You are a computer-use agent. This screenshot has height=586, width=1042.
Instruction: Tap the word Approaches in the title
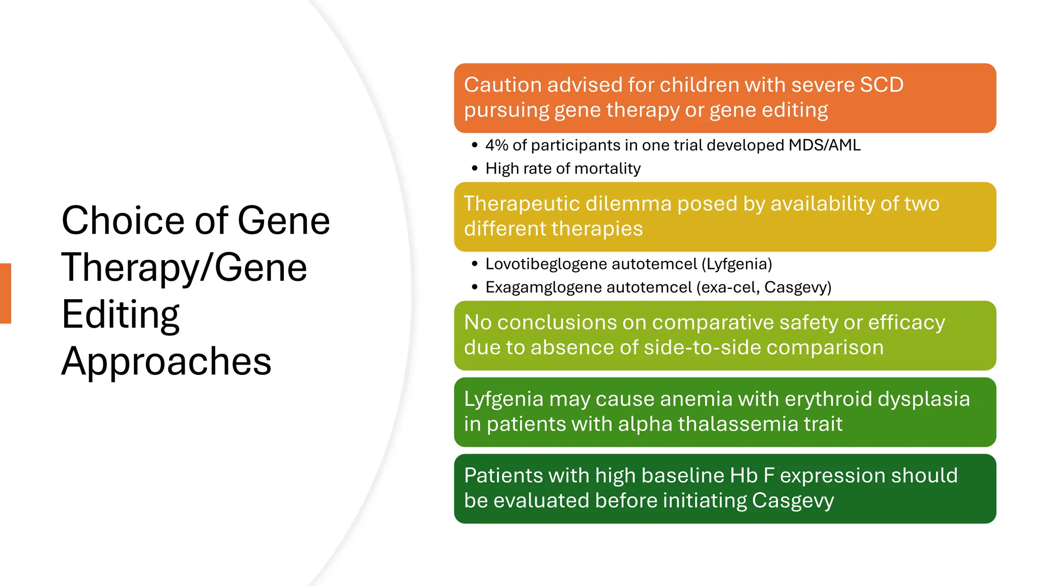click(x=166, y=361)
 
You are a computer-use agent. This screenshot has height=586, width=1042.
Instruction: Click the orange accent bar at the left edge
click(x=6, y=293)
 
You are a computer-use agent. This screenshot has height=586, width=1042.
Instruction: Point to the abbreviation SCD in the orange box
click(x=881, y=85)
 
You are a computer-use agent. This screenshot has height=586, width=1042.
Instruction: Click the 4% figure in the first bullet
click(x=497, y=145)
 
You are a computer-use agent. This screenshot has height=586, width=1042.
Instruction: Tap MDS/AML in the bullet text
click(x=824, y=145)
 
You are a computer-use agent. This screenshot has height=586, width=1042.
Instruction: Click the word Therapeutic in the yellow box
click(x=522, y=204)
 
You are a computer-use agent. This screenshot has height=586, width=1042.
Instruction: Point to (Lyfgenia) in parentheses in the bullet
click(x=737, y=264)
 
